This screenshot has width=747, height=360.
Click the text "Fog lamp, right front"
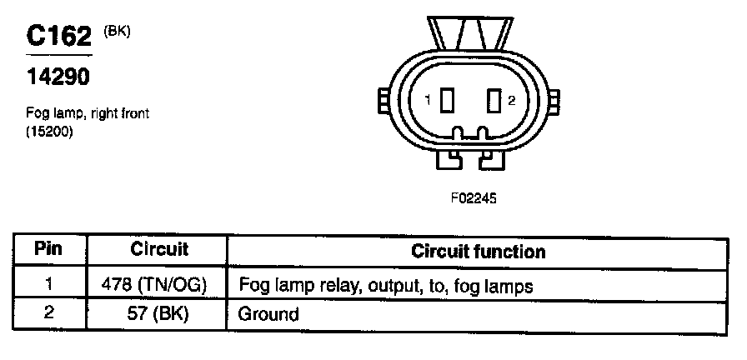pyautogui.click(x=88, y=113)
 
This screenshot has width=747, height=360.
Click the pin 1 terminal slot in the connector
pyautogui.click(x=448, y=101)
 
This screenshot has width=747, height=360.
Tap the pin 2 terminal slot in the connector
pyautogui.click(x=494, y=101)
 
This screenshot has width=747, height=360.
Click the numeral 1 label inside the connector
pyautogui.click(x=428, y=101)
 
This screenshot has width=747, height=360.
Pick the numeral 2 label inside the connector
pyautogui.click(x=512, y=101)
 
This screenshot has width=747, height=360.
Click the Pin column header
pyautogui.click(x=49, y=249)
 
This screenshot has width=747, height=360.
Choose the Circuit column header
pyautogui.click(x=159, y=249)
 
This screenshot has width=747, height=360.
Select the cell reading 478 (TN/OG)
pyautogui.click(x=159, y=284)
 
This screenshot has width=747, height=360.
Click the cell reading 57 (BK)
pyautogui.click(x=159, y=315)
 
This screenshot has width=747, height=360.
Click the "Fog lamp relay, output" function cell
pyautogui.click(x=385, y=285)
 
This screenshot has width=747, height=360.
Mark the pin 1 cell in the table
pyautogui.click(x=49, y=284)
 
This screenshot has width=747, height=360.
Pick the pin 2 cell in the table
pyautogui.click(x=49, y=315)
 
